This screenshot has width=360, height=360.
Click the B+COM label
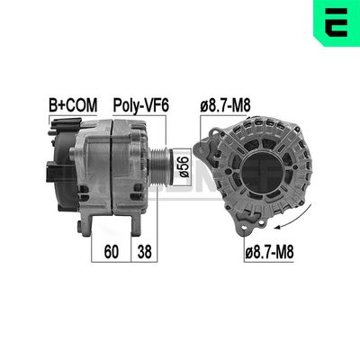tap(72, 105)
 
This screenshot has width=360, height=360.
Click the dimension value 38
tap(144, 253)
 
